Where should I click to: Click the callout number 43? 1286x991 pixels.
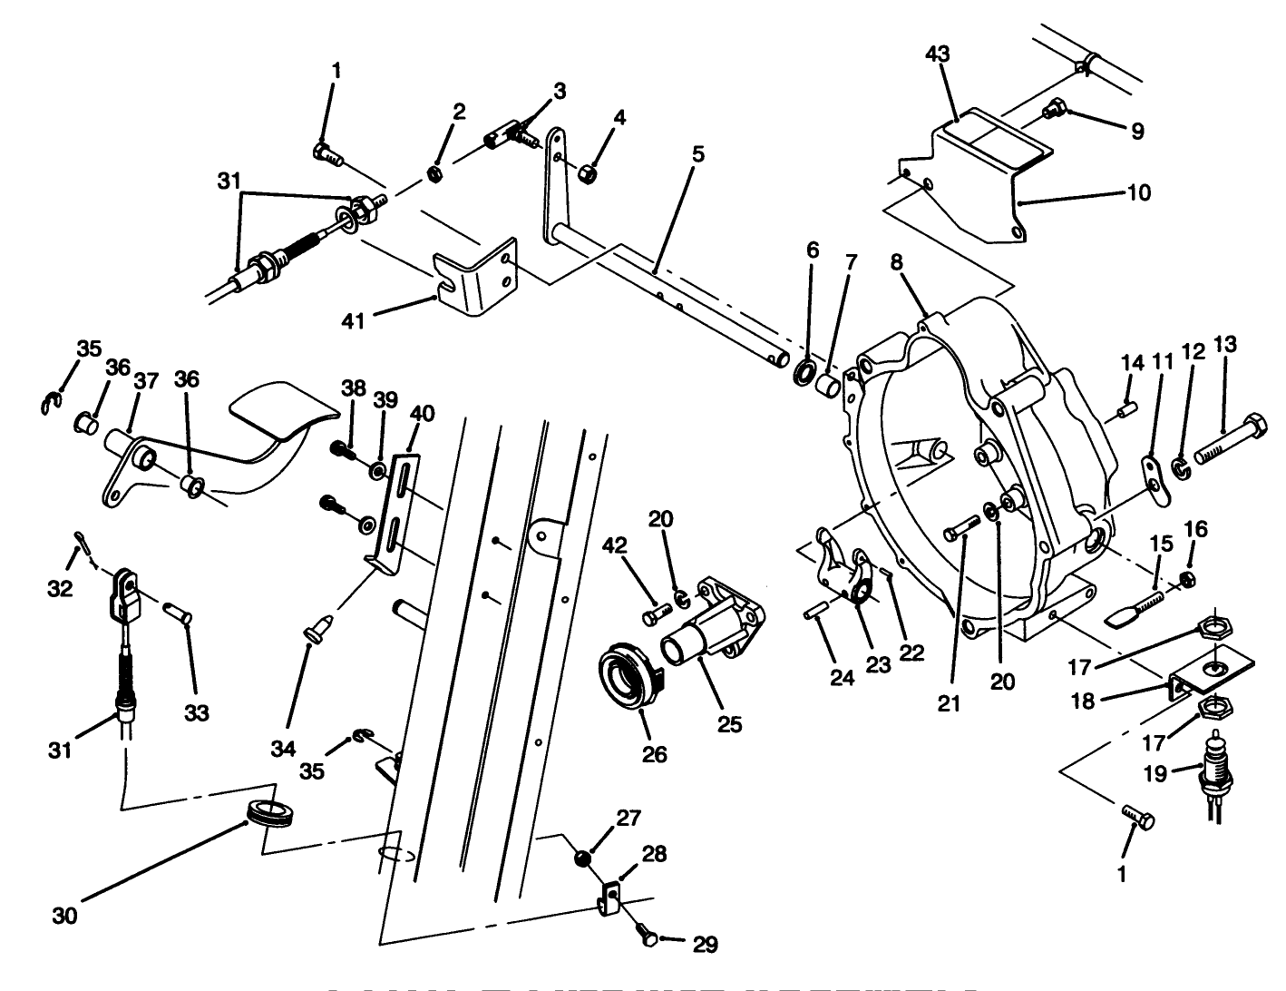click(x=937, y=54)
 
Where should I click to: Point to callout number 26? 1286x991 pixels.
click(x=655, y=753)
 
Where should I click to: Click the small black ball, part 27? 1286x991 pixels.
click(x=583, y=859)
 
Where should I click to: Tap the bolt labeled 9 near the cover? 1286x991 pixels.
click(x=1055, y=109)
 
